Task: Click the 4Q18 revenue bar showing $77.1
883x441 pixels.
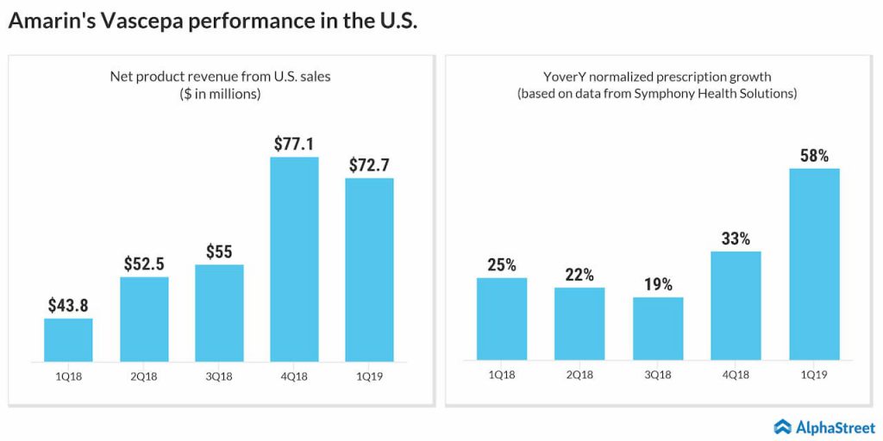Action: pyautogui.click(x=294, y=258)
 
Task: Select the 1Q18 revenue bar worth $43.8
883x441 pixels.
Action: pyautogui.click(x=68, y=339)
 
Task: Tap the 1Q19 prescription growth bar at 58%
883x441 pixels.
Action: pyautogui.click(x=814, y=264)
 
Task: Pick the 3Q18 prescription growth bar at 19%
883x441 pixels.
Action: pyautogui.click(x=658, y=328)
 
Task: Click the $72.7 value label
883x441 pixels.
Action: pyautogui.click(x=369, y=164)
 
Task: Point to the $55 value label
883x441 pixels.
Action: pyautogui.click(x=219, y=252)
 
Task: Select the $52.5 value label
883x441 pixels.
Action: pyautogui.click(x=144, y=264)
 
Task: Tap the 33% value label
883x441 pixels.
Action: pyautogui.click(x=736, y=239)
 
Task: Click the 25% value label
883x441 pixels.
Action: pyautogui.click(x=501, y=264)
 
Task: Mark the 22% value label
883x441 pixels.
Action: pyautogui.click(x=579, y=275)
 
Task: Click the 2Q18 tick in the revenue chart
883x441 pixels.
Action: pyautogui.click(x=144, y=375)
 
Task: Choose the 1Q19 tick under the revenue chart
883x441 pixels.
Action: pyautogui.click(x=369, y=375)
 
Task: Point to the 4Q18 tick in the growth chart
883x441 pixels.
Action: pyautogui.click(x=736, y=375)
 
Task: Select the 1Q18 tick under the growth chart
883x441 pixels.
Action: pyautogui.click(x=501, y=375)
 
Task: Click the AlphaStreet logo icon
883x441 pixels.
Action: pyautogui.click(x=782, y=425)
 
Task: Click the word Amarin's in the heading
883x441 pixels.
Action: pyautogui.click(x=50, y=22)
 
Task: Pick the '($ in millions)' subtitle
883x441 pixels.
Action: pyautogui.click(x=220, y=94)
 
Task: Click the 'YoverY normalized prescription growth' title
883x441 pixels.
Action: pyautogui.click(x=656, y=77)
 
